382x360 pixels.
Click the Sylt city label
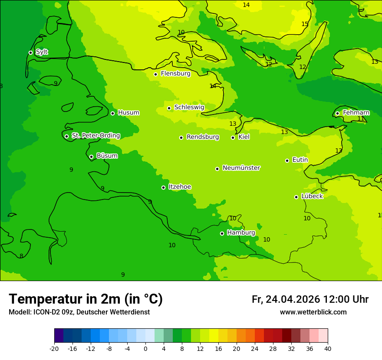click(x=42, y=52)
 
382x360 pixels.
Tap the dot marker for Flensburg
click(x=155, y=74)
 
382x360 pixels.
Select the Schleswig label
click(x=189, y=107)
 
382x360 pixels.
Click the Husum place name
click(x=128, y=113)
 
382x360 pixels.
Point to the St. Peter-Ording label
click(x=95, y=136)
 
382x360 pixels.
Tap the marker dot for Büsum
click(x=91, y=157)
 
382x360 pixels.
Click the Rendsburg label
click(x=203, y=137)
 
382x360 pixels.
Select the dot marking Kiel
click(x=233, y=137)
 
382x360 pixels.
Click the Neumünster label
click(x=241, y=168)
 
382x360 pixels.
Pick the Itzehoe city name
click(x=180, y=187)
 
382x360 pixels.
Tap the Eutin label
click(x=300, y=160)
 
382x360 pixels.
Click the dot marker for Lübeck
click(x=296, y=197)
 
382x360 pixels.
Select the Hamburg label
click(x=241, y=233)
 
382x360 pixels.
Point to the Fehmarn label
click(x=356, y=113)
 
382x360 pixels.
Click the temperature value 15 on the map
click(x=305, y=24)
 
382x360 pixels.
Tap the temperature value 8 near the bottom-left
click(x=21, y=256)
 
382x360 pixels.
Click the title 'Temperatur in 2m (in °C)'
click(x=86, y=299)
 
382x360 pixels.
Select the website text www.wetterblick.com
click(x=313, y=312)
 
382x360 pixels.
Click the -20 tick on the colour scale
click(x=54, y=348)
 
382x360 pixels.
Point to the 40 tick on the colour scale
click(x=328, y=348)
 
